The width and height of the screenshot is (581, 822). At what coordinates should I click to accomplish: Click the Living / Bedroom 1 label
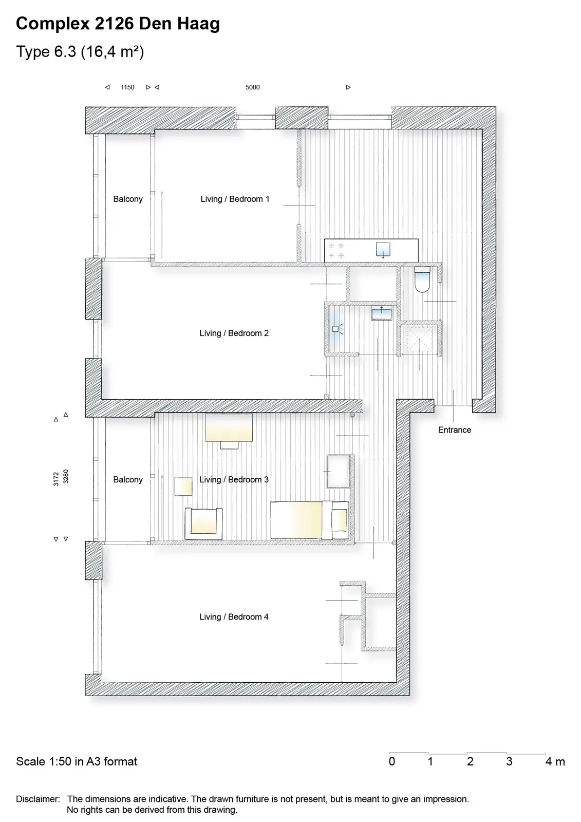(235, 199)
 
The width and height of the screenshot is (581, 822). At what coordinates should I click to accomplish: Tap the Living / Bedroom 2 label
(234, 333)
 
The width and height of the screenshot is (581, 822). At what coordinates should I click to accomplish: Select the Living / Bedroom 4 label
(234, 617)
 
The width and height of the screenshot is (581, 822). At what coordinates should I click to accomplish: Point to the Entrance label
(455, 429)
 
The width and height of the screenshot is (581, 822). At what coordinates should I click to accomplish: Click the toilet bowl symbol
(422, 279)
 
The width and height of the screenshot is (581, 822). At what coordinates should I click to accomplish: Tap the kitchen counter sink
(383, 250)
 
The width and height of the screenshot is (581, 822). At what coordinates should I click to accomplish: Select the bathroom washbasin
(381, 314)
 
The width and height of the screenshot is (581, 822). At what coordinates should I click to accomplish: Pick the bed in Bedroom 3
(310, 520)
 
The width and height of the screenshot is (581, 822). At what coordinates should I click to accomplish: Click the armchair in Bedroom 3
(203, 524)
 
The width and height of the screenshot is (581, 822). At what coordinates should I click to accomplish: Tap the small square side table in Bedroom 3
(183, 486)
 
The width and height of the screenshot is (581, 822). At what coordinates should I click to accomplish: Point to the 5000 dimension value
(253, 87)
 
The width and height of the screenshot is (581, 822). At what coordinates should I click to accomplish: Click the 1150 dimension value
(127, 87)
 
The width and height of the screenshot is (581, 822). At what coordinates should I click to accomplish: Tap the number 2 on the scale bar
(470, 761)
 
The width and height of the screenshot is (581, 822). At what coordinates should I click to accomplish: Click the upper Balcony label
(128, 199)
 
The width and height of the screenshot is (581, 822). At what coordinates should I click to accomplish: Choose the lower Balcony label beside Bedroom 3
(128, 480)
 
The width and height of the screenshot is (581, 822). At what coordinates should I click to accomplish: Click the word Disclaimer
(38, 799)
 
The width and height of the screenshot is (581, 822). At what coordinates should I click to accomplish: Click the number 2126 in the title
(114, 24)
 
